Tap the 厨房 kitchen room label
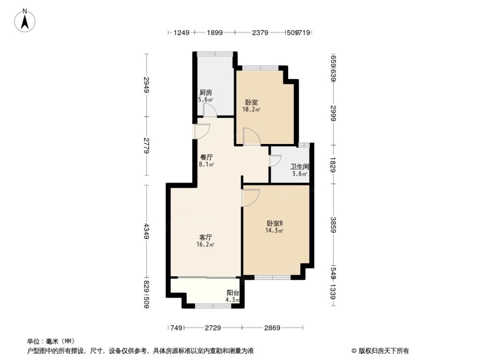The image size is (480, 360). click(206, 96)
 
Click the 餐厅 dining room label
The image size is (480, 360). click(207, 160)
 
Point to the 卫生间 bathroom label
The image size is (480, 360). click(299, 170)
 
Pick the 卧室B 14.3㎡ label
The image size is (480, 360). click(274, 227)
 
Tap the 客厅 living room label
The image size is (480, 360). click(206, 240)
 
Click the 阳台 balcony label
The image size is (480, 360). click(233, 296)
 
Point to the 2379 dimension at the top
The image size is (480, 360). click(259, 33)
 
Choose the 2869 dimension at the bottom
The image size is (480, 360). click(271, 328)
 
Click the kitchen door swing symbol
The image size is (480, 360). click(209, 110)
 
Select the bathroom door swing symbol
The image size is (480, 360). click(275, 160)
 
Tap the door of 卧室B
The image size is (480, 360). click(250, 198)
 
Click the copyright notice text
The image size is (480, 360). click(380, 350)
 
